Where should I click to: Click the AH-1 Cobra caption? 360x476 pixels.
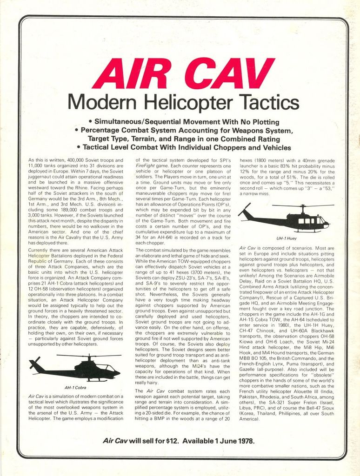(x=75, y=387)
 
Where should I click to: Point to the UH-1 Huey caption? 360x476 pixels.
(x=286, y=238)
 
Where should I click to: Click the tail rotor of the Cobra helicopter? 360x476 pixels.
(x=34, y=363)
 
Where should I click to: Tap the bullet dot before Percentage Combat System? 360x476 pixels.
(x=76, y=130)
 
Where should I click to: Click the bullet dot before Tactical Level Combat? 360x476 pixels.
(x=79, y=147)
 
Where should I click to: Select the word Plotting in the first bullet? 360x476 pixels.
(x=263, y=122)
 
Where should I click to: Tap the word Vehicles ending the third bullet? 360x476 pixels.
(x=274, y=147)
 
